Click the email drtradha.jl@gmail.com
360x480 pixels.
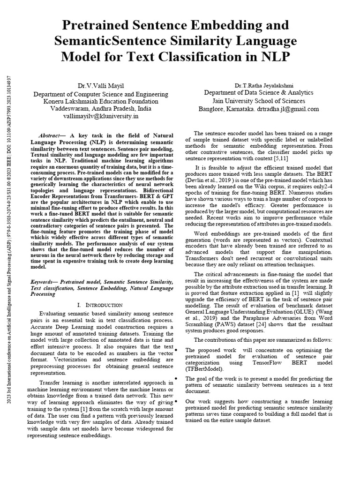289,108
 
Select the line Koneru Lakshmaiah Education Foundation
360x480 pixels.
101,101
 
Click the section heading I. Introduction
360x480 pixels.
102,305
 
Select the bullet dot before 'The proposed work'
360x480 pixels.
175,350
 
